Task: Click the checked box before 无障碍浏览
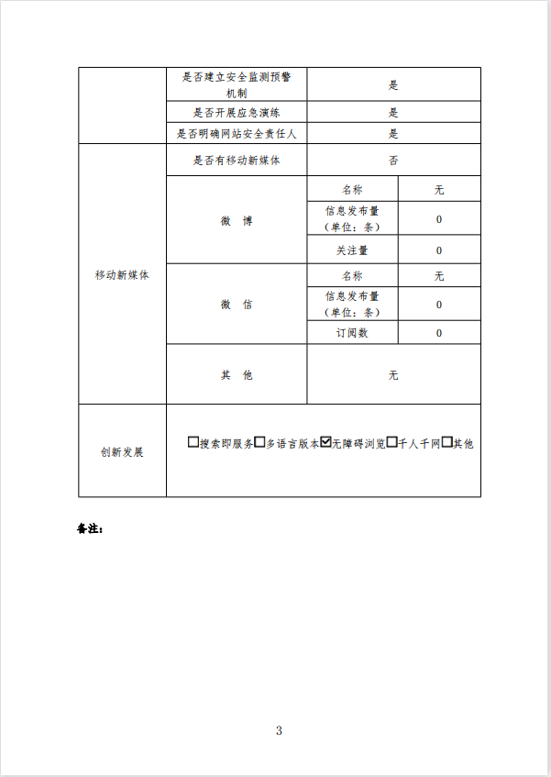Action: tap(325, 442)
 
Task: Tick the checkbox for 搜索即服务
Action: tap(193, 442)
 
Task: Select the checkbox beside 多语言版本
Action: tap(259, 442)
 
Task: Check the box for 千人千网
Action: tap(391, 442)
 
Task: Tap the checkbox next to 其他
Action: tap(447, 442)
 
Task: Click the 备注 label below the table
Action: tap(90, 529)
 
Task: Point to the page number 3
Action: tap(279, 730)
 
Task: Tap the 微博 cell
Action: tap(237, 221)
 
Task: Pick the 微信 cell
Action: tap(237, 305)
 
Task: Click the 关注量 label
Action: tap(352, 250)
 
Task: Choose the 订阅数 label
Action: tap(352, 333)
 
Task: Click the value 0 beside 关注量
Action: tap(439, 250)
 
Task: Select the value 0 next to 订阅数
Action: tap(439, 333)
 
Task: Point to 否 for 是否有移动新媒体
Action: tap(393, 161)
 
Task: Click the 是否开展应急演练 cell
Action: tap(237, 113)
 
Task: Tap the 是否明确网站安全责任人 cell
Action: tap(237, 134)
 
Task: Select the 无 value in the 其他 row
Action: tap(393, 375)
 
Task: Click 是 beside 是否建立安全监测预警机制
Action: tap(393, 84)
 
